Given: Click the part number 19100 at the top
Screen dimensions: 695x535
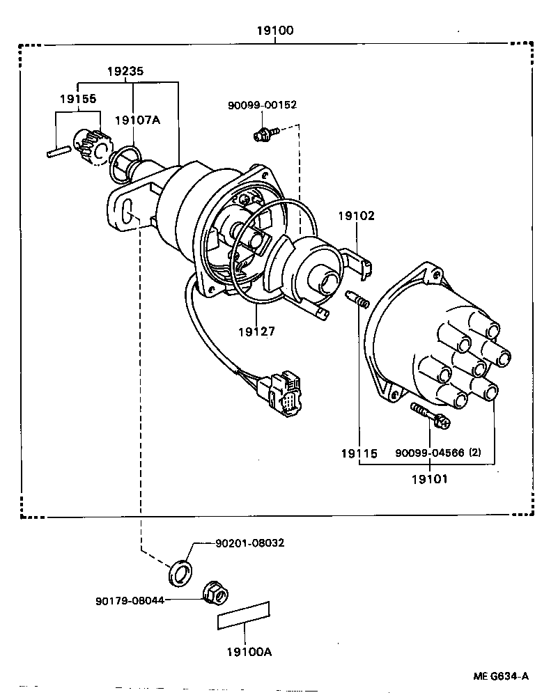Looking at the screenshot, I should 274,31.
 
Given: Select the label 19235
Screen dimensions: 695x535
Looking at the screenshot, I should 127,71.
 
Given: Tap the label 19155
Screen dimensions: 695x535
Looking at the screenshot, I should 77,100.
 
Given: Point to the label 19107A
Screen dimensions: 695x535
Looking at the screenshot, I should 137,120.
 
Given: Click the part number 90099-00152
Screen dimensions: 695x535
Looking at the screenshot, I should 262,105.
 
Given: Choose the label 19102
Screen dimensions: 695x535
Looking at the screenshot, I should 356,216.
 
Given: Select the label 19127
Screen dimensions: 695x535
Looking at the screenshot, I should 255,331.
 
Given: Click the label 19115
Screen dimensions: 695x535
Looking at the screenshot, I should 359,454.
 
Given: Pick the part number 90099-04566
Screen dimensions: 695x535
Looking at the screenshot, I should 429,453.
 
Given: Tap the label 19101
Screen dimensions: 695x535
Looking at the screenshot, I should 429,478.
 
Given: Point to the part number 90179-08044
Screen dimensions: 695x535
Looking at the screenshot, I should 130,600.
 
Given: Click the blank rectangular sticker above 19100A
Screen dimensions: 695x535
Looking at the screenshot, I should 244,616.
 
